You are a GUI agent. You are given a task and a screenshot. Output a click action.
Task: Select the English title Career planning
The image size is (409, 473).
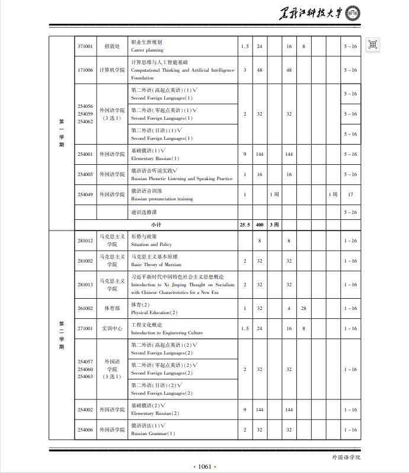click(x=146, y=50)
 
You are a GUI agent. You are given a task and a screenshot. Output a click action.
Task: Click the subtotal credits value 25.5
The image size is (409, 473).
click(x=245, y=225)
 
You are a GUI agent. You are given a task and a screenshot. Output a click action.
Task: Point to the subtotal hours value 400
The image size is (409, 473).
click(x=260, y=225)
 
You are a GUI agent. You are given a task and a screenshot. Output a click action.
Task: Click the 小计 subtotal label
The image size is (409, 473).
click(x=156, y=225)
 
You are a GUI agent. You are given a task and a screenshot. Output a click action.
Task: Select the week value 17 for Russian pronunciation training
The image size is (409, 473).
click(x=350, y=194)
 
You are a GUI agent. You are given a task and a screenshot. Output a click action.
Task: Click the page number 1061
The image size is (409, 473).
click(x=204, y=466)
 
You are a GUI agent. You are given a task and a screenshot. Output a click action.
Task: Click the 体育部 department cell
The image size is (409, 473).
click(x=112, y=308)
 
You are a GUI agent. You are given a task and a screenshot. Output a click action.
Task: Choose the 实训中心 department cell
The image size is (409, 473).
click(x=112, y=328)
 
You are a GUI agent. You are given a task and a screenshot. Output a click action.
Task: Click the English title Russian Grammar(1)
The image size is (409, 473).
click(x=153, y=433)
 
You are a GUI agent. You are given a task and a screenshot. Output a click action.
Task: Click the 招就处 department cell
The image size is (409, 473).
click(x=112, y=46)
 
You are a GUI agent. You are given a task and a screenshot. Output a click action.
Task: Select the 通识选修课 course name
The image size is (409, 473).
click(x=143, y=212)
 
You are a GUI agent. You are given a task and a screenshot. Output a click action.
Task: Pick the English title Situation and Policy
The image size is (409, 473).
click(x=151, y=244)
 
